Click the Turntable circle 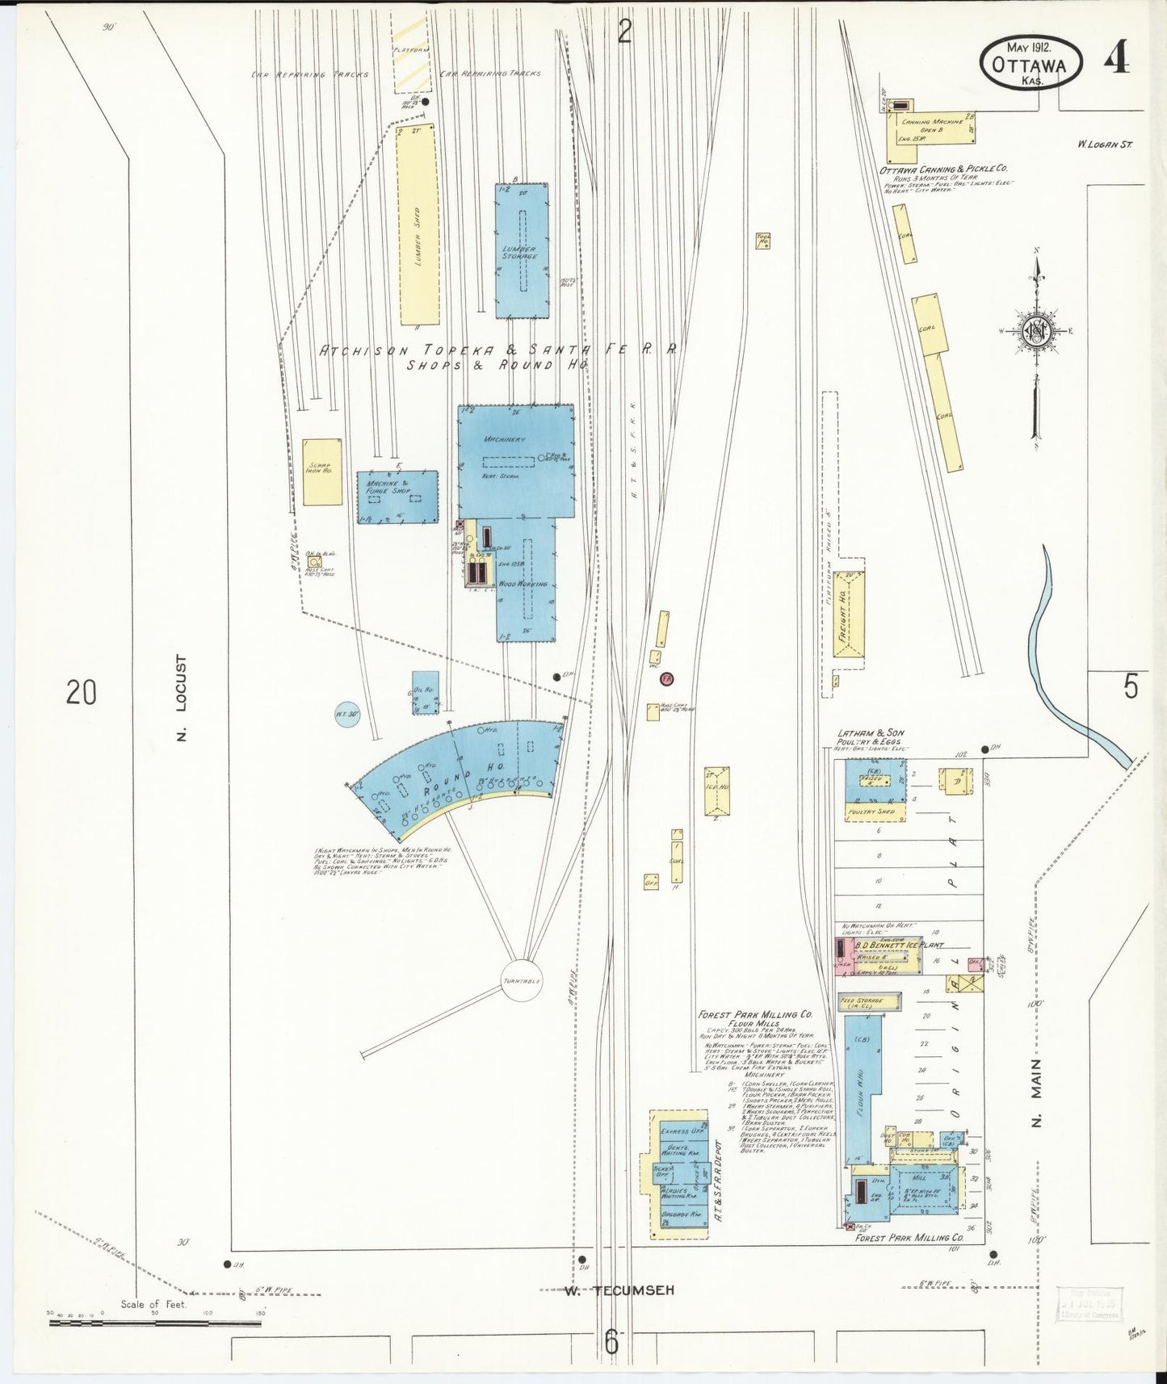coord(521,980)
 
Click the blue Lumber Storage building coord(522,250)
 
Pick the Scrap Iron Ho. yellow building coord(322,472)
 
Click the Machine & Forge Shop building coord(397,497)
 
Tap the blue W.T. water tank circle coord(347,715)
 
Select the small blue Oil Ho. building coord(425,692)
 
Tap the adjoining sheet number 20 coord(82,692)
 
